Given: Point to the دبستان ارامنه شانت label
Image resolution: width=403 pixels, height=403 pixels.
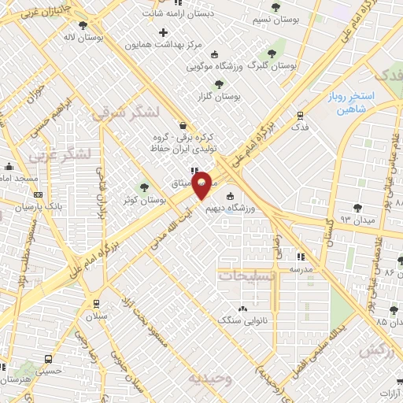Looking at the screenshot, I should point(185,13).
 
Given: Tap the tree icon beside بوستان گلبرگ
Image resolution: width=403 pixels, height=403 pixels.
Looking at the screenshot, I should point(272,54).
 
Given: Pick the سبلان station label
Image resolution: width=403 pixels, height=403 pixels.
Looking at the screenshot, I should point(97,316).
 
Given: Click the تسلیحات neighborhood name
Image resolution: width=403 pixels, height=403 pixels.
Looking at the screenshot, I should point(246,276).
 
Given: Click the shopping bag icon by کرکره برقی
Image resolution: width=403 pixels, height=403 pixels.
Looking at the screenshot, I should point(183,124).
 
